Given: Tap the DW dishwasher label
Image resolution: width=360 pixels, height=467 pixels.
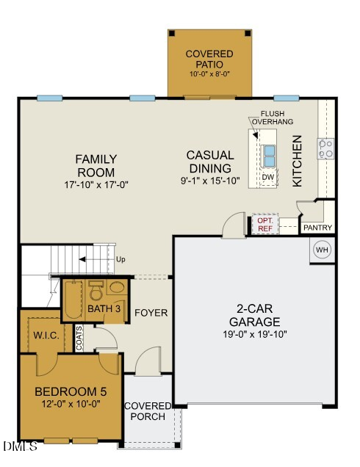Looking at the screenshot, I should pyautogui.click(x=268, y=177).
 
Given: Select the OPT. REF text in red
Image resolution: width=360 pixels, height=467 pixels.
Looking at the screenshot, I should pyautogui.click(x=264, y=224).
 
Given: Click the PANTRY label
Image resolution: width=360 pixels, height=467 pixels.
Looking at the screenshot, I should pyautogui.click(x=317, y=228).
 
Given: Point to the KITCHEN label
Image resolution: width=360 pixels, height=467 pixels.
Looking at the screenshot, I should pyautogui.click(x=298, y=161).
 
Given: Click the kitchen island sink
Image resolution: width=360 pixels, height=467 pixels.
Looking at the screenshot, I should pyautogui.click(x=269, y=156).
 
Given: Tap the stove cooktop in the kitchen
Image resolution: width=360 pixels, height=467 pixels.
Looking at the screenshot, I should pyautogui.click(x=325, y=149).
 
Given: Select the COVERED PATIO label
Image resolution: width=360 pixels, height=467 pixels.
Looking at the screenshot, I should pyautogui.click(x=209, y=59).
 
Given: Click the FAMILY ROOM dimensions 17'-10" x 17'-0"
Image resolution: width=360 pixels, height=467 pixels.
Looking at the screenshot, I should pyautogui.click(x=96, y=185).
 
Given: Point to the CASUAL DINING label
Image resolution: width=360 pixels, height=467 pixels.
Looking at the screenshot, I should pyautogui.click(x=210, y=162).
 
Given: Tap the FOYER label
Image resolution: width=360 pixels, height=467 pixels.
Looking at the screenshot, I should pyautogui.click(x=151, y=313).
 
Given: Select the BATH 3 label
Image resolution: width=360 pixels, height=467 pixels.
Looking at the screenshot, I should pyautogui.click(x=104, y=309).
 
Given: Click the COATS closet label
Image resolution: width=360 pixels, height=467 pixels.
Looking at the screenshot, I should pyautogui.click(x=79, y=337).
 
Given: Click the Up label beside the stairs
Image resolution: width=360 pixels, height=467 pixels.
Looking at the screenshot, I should pyautogui.click(x=121, y=259).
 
